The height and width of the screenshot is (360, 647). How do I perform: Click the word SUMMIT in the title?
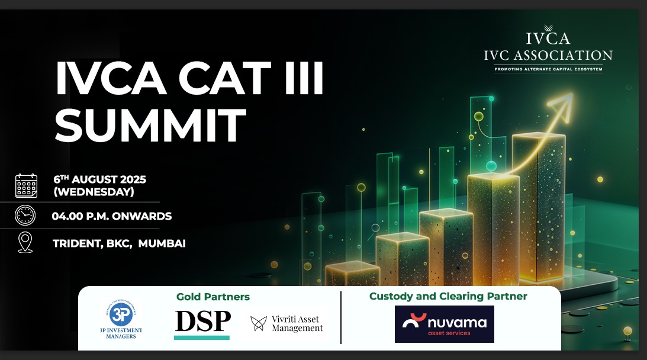pyautogui.click(x=150, y=124)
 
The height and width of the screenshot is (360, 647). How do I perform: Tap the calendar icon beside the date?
pyautogui.click(x=26, y=185)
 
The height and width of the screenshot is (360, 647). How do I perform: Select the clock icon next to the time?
pyautogui.click(x=25, y=216)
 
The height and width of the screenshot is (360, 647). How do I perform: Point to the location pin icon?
pyautogui.click(x=25, y=243)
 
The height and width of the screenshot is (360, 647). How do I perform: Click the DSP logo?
pyautogui.click(x=202, y=322)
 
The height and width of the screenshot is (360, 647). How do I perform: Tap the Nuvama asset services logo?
pyautogui.click(x=444, y=324)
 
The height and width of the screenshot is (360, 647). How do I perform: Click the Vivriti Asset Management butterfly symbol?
pyautogui.click(x=258, y=323)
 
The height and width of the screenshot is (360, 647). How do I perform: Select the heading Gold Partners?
pyautogui.click(x=213, y=297)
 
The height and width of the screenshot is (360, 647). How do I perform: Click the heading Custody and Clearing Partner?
pyautogui.click(x=448, y=296)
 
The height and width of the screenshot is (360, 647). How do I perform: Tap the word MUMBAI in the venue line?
pyautogui.click(x=162, y=243)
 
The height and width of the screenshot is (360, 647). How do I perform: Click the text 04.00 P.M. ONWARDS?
pyautogui.click(x=112, y=216)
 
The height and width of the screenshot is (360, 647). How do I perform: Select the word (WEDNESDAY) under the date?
pyautogui.click(x=94, y=192)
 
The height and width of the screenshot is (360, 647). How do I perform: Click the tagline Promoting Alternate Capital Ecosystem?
pyautogui.click(x=548, y=69)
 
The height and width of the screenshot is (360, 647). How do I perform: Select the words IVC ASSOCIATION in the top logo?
pyautogui.click(x=548, y=56)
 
